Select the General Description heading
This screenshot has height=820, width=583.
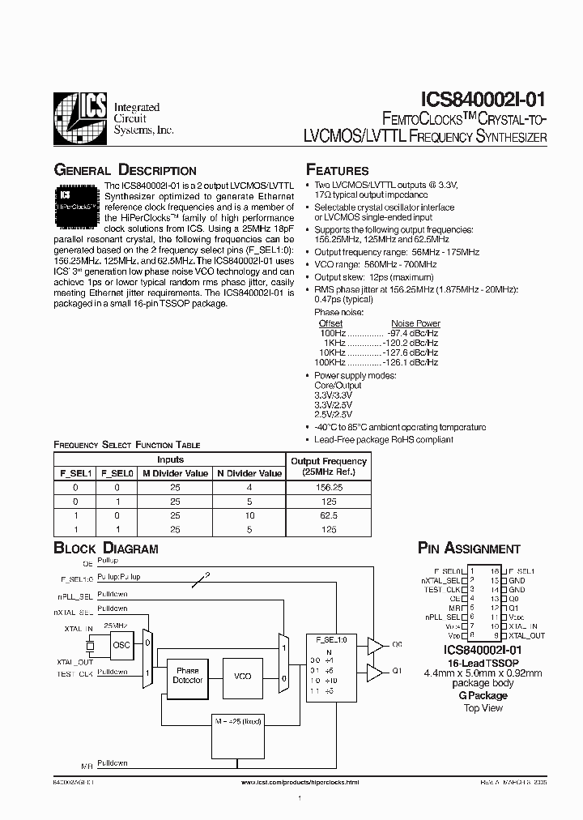[125, 170]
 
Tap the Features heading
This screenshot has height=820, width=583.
[337, 170]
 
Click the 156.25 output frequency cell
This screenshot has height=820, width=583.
[328, 488]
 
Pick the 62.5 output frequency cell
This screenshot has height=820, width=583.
[328, 515]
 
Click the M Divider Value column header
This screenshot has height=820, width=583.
[174, 473]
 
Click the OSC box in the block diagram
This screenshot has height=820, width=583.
[121, 645]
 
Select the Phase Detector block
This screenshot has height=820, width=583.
[187, 676]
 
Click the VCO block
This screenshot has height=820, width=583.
[242, 676]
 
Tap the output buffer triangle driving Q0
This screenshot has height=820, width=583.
[375, 645]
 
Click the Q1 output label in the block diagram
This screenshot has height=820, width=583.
[397, 672]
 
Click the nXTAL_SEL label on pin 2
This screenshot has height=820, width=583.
[440, 580]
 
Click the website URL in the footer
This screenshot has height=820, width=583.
[300, 783]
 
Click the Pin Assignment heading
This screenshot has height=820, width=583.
[469, 549]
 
